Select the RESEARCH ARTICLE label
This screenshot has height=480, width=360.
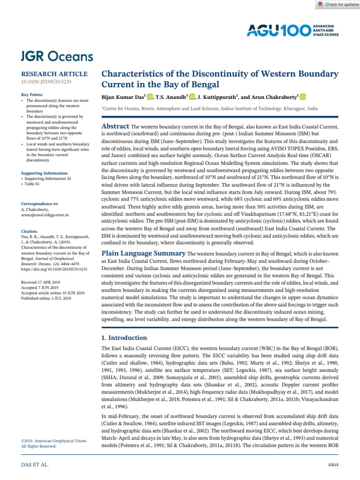[54, 74]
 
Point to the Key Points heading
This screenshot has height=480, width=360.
[32, 95]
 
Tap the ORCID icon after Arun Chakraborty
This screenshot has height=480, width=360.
[303, 97]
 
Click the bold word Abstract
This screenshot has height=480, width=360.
[115, 127]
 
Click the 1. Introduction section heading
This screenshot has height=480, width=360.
[125, 337]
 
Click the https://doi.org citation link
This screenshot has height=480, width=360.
[55, 270]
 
